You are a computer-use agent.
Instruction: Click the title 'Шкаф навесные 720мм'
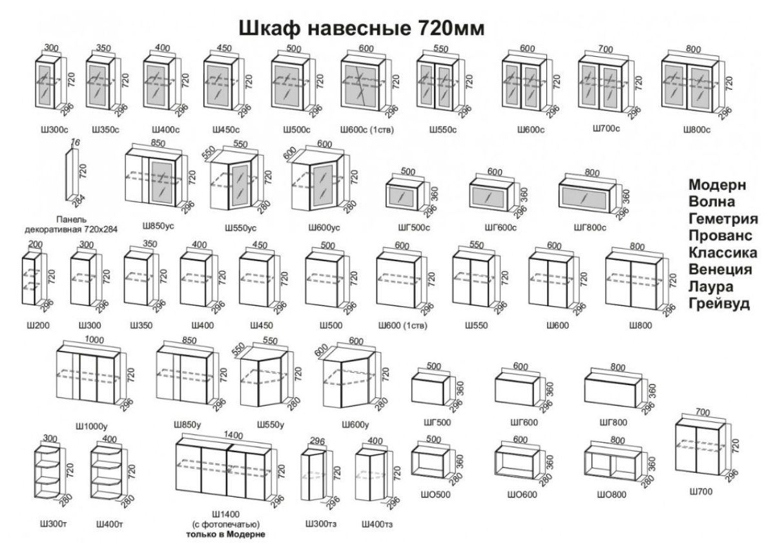362,29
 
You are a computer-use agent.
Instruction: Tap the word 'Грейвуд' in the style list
719,303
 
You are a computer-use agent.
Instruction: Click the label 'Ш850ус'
158,227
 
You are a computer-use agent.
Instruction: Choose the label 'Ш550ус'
241,227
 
